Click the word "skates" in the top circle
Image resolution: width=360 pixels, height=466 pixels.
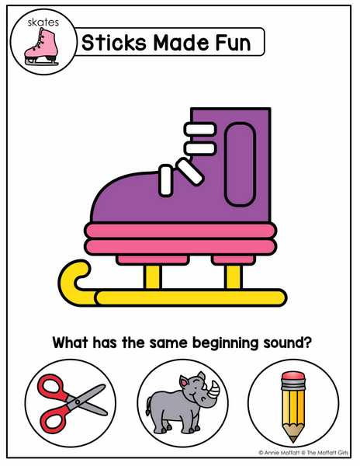43,23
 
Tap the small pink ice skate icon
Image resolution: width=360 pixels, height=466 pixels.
41,47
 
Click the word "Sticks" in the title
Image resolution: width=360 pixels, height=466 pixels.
114,43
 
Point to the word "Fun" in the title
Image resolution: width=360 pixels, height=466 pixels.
234,43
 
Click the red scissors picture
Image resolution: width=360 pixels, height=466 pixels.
71,403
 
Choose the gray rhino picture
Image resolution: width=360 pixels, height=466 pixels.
182,402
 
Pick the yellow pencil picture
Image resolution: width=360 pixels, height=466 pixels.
293,406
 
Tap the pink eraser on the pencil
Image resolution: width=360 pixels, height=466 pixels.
293,376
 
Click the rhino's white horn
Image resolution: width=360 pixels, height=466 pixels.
214,389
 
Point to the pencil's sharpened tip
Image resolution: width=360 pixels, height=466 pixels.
293,440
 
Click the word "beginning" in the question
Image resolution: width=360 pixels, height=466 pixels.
226,343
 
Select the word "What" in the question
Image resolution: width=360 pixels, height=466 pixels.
71,343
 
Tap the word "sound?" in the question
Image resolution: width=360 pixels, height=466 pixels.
288,343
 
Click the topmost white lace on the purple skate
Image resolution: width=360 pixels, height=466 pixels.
199,129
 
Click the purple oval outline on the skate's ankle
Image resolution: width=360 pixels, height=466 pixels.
240,165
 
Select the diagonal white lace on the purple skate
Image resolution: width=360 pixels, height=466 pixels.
189,172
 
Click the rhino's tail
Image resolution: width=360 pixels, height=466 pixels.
147,406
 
